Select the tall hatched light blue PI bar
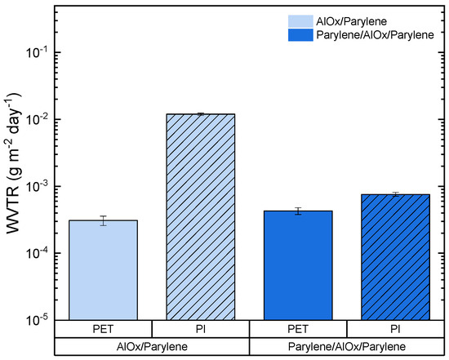tap(200, 216)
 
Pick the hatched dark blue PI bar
tap(395, 256)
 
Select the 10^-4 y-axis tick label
tap(38, 253)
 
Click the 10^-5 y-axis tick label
tap(38, 320)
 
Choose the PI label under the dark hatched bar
tap(395, 329)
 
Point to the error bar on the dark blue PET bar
tap(298, 211)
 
